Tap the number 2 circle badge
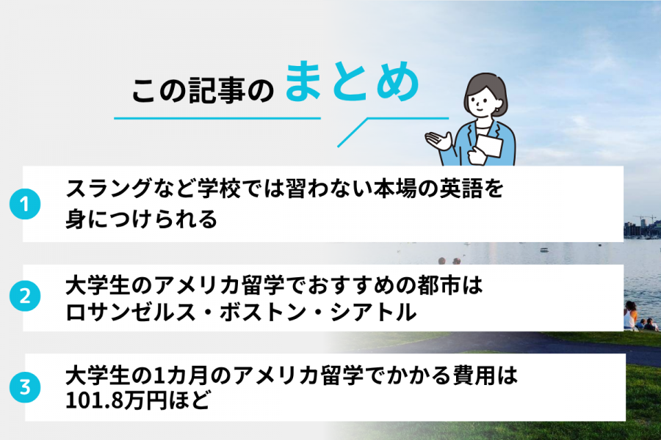click(24, 297)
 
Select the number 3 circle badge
click(24, 388)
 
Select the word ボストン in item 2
click(253, 312)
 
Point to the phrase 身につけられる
click(142, 218)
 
